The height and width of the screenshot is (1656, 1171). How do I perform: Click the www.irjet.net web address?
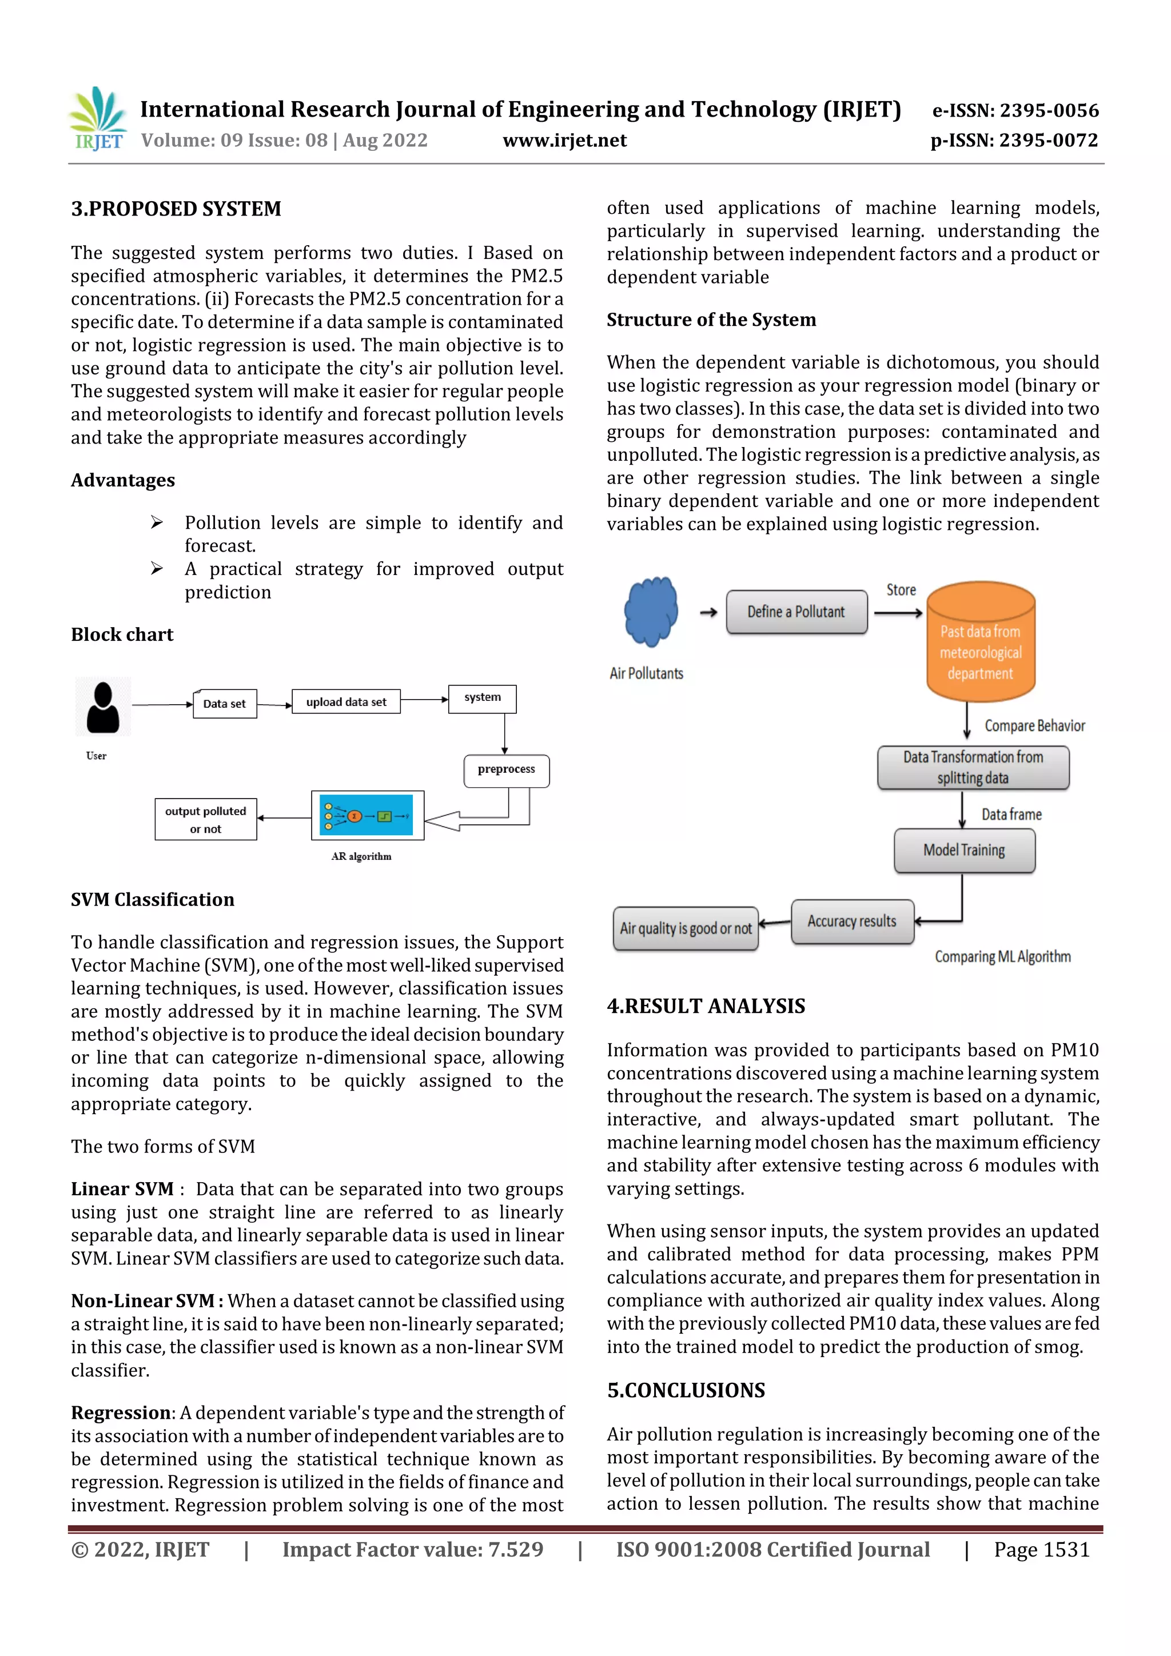click(564, 141)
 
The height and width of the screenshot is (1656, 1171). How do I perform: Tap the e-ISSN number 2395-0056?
click(1015, 110)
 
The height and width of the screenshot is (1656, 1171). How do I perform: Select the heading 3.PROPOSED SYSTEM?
click(176, 209)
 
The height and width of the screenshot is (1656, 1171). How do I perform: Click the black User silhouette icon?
click(103, 708)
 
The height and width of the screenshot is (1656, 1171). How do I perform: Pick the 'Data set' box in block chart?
click(224, 704)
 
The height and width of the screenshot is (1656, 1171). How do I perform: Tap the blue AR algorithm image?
click(367, 816)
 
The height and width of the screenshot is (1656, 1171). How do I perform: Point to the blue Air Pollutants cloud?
click(651, 611)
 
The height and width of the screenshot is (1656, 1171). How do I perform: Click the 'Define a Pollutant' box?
click(796, 612)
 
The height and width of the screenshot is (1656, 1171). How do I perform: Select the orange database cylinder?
click(981, 642)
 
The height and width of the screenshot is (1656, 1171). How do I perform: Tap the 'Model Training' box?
click(964, 851)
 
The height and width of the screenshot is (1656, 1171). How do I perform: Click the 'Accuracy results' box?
click(852, 922)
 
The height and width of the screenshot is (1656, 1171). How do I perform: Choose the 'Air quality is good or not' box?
click(686, 929)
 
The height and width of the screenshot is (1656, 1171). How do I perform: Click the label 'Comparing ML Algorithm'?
click(1002, 957)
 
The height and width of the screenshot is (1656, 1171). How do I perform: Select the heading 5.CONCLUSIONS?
click(686, 1391)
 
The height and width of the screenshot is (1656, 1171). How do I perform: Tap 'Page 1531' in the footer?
click(1041, 1550)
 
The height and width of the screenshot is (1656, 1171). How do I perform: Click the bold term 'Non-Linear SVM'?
click(142, 1301)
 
